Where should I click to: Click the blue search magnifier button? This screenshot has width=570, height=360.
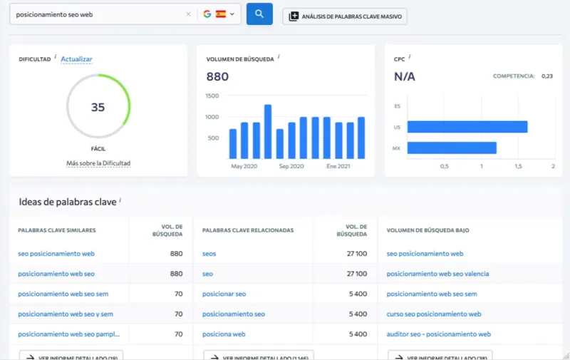pos(259,14)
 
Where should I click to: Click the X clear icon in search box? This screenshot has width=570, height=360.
pos(188,14)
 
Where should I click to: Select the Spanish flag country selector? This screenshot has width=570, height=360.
pos(221,14)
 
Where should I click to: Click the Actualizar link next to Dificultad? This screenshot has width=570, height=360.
pos(76,59)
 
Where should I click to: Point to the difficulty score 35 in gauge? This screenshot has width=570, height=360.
pos(98,107)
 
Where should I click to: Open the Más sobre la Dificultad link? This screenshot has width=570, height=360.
pos(98,163)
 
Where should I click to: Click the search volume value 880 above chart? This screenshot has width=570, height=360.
pos(217,76)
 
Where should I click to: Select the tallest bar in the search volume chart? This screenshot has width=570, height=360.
pos(268,131)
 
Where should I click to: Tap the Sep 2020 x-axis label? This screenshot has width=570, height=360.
pos(291,166)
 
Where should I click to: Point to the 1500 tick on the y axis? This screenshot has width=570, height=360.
pos(212,96)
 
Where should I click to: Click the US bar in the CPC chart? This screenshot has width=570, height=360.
pos(467,127)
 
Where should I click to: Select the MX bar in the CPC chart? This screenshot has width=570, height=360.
pos(452,148)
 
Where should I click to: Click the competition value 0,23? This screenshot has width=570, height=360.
pos(546,76)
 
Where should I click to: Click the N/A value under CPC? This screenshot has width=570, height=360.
pos(405,76)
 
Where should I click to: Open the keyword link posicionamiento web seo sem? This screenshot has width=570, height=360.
pos(63,294)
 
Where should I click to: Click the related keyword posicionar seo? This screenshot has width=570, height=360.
pos(224,294)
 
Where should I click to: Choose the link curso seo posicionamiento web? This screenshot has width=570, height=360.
pos(433,314)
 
